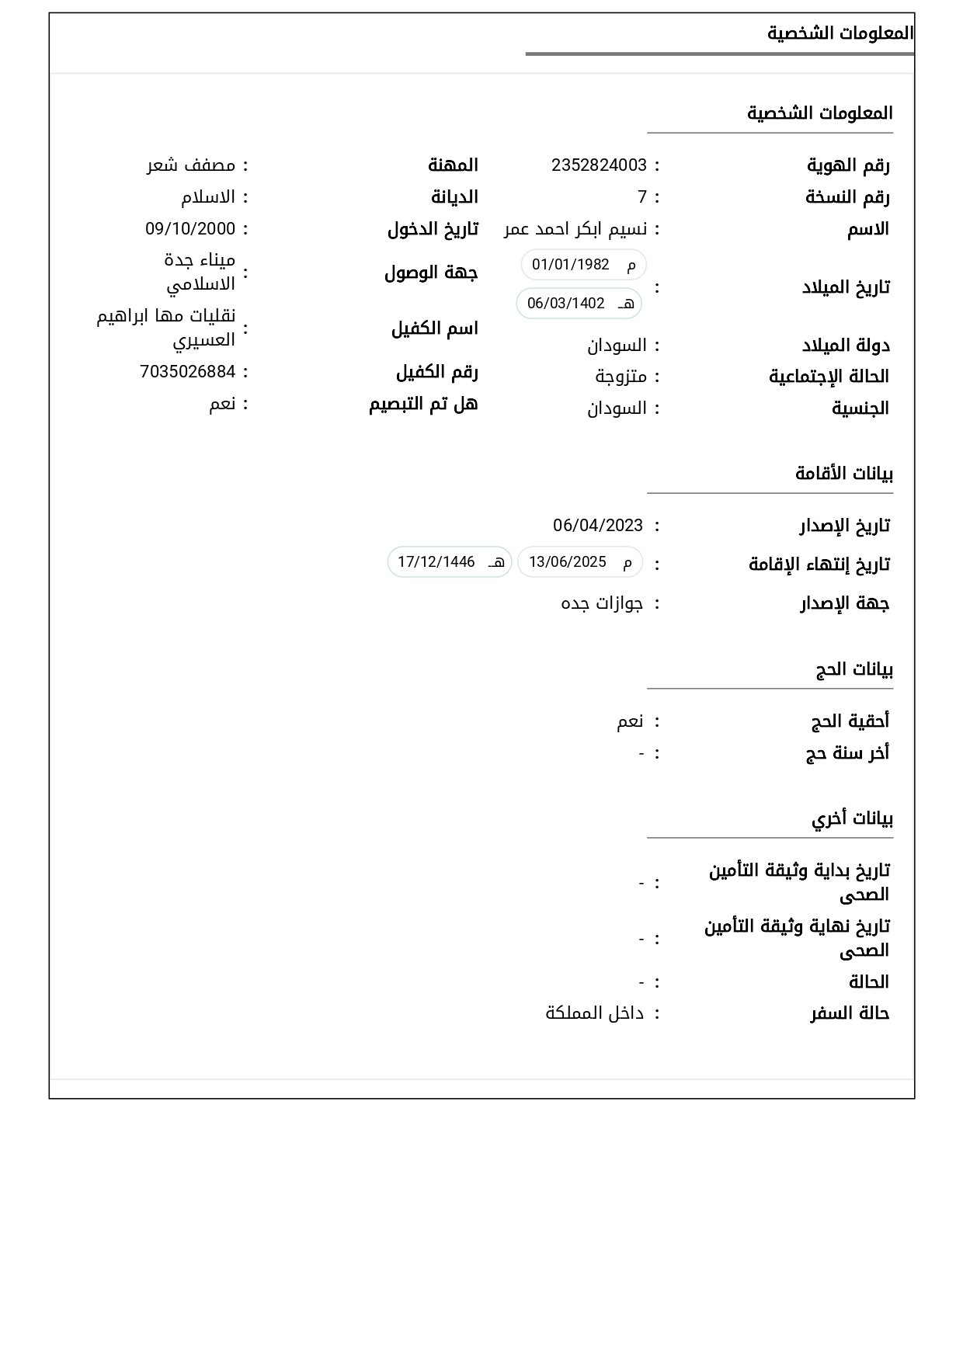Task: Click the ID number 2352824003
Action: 599,165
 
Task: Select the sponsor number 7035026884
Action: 187,372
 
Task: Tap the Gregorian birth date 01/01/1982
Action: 571,265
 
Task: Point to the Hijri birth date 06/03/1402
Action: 566,304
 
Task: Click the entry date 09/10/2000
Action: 190,229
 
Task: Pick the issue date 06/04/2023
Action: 598,526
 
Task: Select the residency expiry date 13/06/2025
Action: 568,562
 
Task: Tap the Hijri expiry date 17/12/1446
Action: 436,562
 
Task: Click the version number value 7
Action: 642,197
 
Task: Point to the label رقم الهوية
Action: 848,165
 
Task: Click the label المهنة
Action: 453,165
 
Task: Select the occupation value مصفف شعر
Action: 191,165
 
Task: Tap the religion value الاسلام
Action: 208,197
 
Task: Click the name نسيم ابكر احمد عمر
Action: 575,229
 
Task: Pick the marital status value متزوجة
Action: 621,377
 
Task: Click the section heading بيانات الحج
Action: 854,669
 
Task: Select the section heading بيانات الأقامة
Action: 844,474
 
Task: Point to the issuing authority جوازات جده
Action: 602,603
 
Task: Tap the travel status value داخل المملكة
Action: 595,1013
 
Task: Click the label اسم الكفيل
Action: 434,328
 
